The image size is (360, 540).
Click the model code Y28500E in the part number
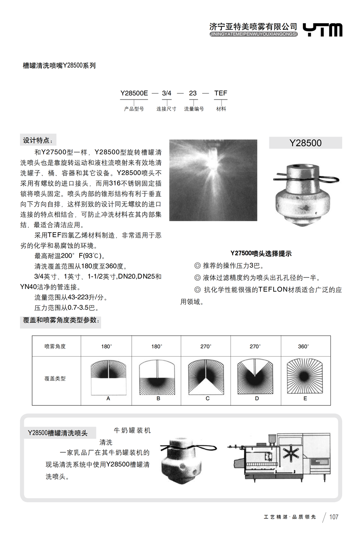click(134, 93)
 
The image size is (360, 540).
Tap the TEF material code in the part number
click(221, 93)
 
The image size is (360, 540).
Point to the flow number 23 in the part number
click(193, 93)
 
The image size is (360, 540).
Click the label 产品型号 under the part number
click(134, 109)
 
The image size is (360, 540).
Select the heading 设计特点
click(38, 140)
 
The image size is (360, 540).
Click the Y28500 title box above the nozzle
click(305, 143)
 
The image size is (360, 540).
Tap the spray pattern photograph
click(213, 180)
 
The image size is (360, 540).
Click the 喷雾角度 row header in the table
click(55, 346)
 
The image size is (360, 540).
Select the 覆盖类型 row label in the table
click(55, 379)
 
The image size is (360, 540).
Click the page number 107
click(334, 517)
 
